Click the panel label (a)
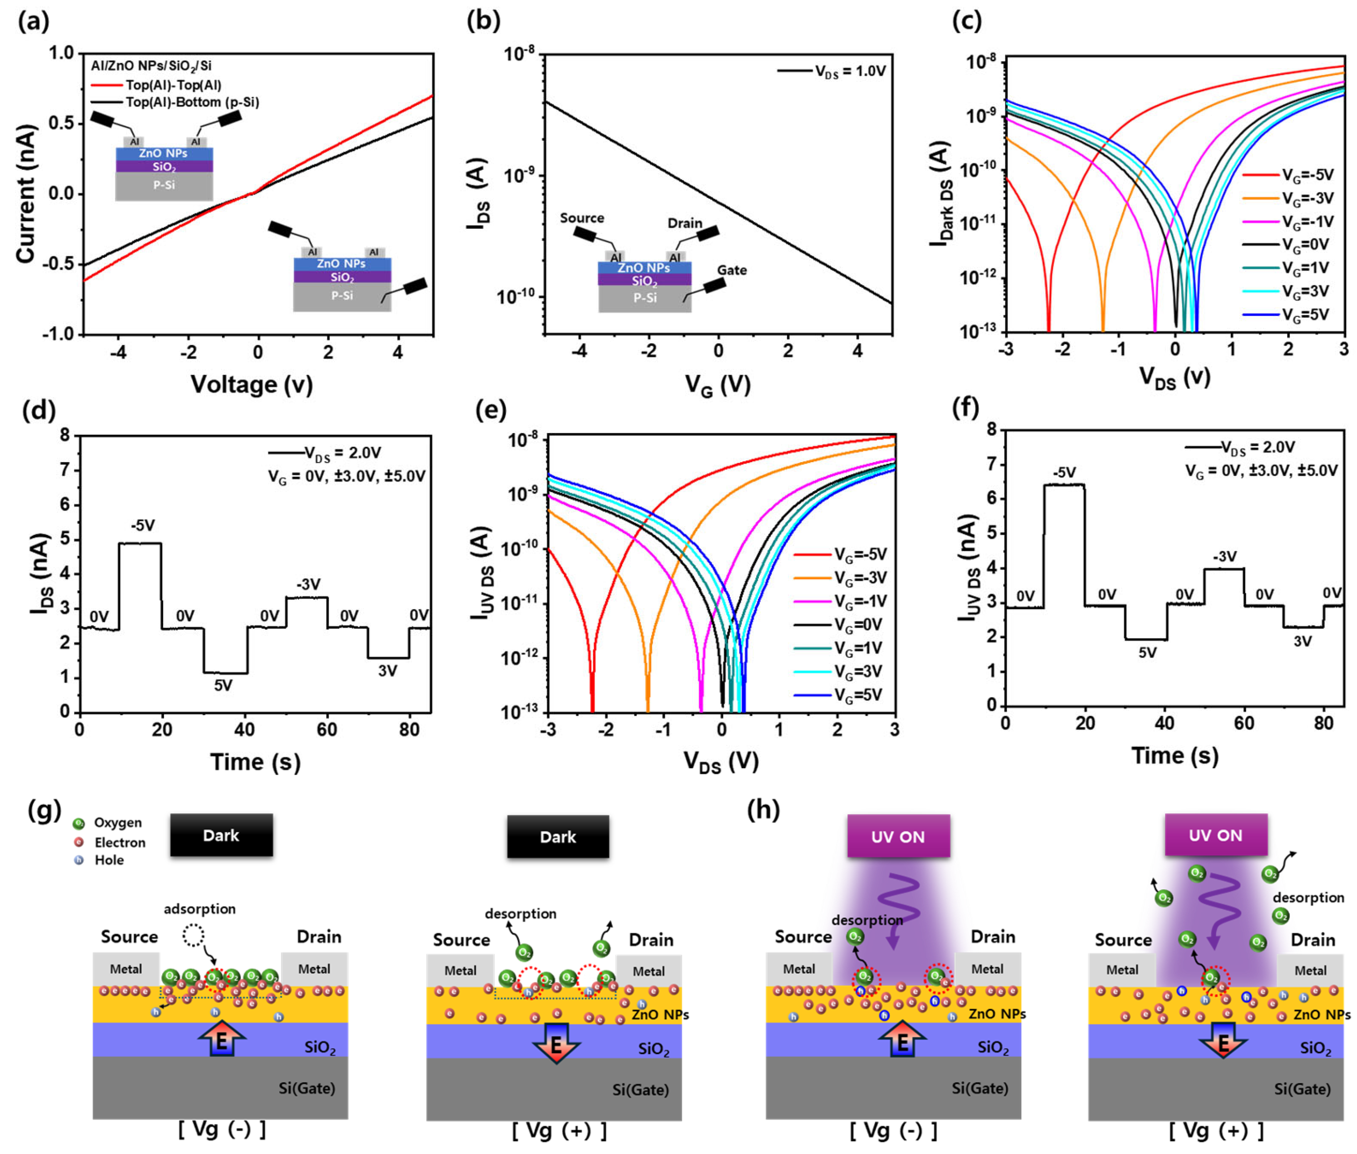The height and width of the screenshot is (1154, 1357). click(x=33, y=22)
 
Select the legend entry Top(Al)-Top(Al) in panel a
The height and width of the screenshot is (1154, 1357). click(x=173, y=85)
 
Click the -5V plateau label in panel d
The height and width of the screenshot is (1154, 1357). click(x=142, y=525)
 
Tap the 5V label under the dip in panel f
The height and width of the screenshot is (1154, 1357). click(x=1147, y=652)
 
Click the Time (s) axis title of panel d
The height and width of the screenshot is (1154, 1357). click(x=255, y=761)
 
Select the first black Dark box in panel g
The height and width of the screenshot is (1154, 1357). click(x=221, y=835)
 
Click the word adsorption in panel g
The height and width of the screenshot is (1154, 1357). click(x=199, y=909)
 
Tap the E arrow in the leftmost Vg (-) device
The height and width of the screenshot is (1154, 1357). click(x=221, y=1040)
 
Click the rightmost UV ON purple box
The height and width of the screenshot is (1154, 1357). click(x=1215, y=835)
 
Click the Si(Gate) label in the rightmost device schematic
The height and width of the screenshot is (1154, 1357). click(x=1302, y=1089)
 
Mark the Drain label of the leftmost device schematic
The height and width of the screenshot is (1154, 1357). click(x=319, y=937)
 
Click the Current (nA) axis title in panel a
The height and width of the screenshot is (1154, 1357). click(x=25, y=194)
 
